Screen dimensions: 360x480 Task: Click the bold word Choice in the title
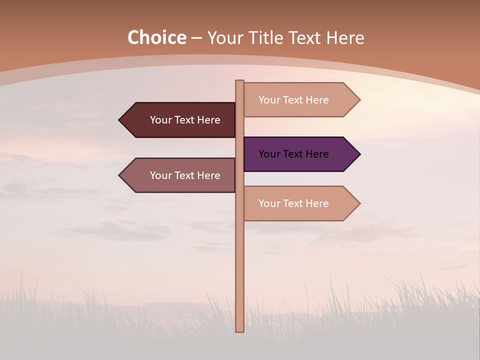[156, 38]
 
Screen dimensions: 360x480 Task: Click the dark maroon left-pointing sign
[180, 120]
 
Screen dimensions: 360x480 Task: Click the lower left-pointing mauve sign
[180, 175]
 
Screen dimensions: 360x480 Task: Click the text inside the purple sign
[293, 154]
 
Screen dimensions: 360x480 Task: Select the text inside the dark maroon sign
[185, 120]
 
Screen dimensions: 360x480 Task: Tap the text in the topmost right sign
[293, 100]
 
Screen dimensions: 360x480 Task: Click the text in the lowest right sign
[293, 203]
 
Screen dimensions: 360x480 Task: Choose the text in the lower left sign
[185, 175]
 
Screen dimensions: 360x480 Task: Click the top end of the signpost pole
[239, 82]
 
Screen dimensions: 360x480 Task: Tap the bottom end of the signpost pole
[239, 330]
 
